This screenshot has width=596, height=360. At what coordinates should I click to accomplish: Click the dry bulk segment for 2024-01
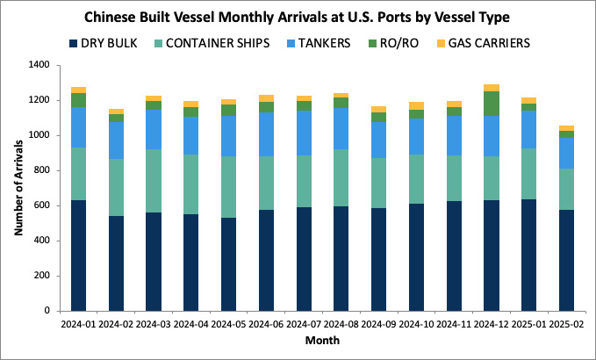tap(78, 256)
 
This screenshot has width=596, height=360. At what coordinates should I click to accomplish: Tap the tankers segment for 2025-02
tap(566, 153)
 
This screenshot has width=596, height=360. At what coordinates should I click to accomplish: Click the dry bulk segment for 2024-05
tap(228, 264)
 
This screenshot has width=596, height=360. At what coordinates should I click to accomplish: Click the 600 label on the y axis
tap(40, 205)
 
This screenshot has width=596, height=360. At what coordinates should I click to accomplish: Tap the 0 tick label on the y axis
tap(46, 311)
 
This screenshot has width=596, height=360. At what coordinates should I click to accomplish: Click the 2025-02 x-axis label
tap(566, 324)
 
